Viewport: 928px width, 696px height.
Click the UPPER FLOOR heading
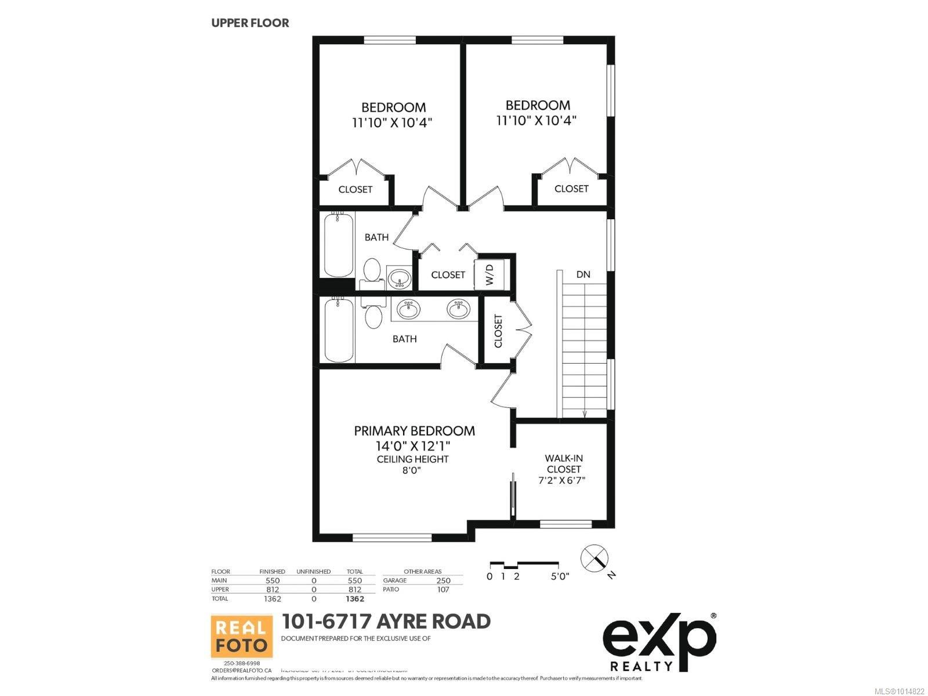[250, 23]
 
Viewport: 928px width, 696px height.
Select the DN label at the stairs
[583, 274]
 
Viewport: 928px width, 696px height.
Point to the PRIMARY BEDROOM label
[414, 431]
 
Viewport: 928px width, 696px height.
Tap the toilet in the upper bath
[372, 271]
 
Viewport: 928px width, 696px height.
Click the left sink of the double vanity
[409, 309]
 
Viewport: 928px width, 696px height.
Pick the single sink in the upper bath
[399, 278]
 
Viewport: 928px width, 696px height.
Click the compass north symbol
[596, 557]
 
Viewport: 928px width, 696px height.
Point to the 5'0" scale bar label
[560, 577]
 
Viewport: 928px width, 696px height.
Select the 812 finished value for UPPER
[272, 589]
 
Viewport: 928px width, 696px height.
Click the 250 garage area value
[443, 581]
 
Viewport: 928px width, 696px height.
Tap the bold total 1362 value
[354, 599]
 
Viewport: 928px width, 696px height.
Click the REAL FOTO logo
[241, 637]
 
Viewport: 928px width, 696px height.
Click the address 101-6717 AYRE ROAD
[386, 621]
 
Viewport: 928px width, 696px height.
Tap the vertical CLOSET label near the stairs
[498, 331]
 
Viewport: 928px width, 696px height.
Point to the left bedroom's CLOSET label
[355, 190]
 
